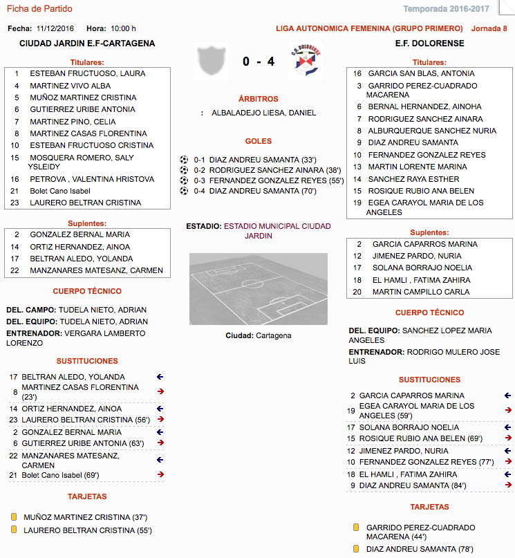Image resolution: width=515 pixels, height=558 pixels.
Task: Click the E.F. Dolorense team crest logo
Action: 305,62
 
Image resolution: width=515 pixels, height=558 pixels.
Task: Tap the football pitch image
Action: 258,288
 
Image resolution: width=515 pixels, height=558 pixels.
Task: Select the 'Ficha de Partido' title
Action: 39,9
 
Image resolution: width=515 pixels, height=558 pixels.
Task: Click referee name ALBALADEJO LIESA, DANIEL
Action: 263,113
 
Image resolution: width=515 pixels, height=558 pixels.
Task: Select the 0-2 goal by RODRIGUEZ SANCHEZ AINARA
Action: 256,169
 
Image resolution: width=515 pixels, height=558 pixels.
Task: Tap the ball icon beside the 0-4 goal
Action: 184,191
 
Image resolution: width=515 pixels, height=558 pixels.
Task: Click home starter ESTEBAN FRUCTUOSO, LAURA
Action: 87,73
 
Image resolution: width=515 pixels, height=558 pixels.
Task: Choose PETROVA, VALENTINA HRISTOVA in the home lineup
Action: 92,179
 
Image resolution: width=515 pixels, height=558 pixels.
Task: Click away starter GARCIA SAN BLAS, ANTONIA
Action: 421,73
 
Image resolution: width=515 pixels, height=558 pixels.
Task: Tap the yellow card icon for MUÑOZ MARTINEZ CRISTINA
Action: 13,517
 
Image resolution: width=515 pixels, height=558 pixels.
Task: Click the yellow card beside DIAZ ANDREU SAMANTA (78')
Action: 356,549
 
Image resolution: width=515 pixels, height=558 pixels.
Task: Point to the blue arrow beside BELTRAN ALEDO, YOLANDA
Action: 160,377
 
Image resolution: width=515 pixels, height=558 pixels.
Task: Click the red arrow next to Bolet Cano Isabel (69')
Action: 160,474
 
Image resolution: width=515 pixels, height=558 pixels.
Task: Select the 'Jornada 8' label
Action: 489,28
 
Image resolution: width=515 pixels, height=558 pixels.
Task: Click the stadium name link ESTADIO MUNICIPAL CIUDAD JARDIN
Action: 277,231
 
